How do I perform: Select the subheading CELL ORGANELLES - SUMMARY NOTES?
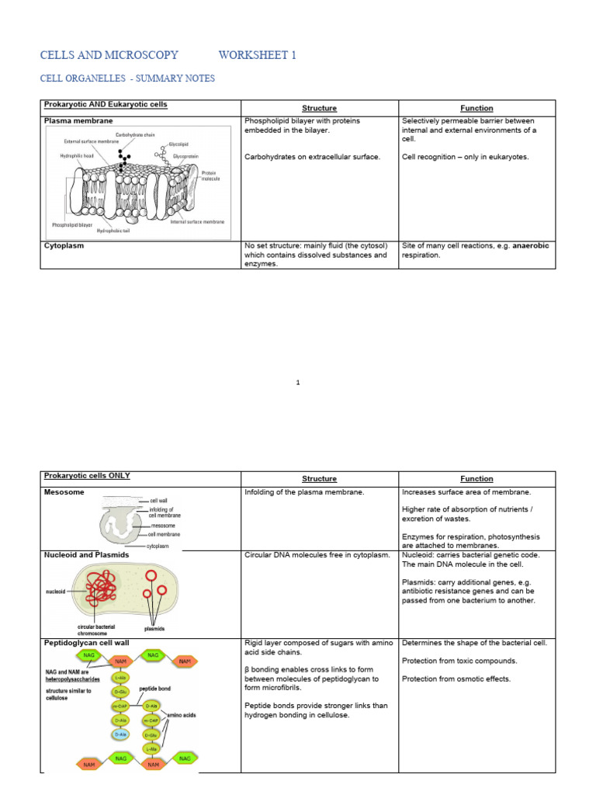[x=127, y=79]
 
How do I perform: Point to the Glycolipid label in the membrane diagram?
[x=182, y=144]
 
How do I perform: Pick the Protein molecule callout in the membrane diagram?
[x=210, y=175]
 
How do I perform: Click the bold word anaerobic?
[x=528, y=245]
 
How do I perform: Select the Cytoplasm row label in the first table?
[x=65, y=245]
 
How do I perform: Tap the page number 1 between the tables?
[x=298, y=382]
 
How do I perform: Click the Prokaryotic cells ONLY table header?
[x=87, y=475]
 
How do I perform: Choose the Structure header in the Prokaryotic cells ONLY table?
[x=319, y=479]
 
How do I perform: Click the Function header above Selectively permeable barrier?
[x=476, y=108]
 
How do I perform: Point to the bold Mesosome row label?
[x=65, y=492]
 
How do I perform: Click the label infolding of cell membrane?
[x=164, y=512]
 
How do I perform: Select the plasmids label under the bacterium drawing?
[x=154, y=628]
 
